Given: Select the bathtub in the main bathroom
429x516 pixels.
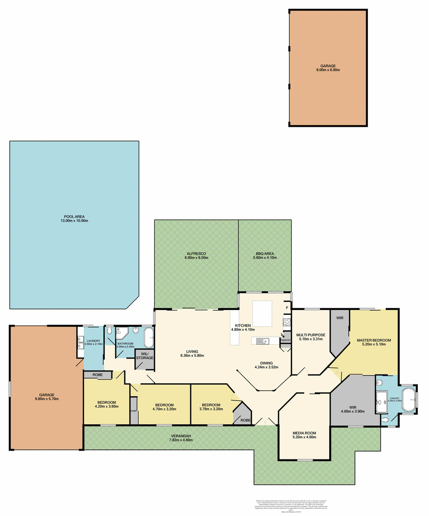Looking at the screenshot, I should click(x=148, y=338).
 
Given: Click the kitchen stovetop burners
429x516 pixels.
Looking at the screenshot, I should click(x=287, y=322).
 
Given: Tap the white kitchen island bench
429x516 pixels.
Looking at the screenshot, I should click(x=262, y=314).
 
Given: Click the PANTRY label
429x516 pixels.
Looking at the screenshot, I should click(x=285, y=340).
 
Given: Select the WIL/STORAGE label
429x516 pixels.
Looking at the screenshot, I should click(x=144, y=356).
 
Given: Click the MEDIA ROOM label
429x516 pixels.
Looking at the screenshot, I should click(x=305, y=433).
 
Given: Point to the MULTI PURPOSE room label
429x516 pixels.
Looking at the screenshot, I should click(x=310, y=335).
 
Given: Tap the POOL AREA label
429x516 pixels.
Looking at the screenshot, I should click(x=74, y=217).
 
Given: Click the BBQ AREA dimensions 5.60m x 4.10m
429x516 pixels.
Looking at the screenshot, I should click(x=265, y=258).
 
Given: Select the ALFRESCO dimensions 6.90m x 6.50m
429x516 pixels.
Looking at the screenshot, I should click(x=196, y=258).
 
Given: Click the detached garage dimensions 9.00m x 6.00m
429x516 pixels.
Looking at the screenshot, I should click(x=328, y=70).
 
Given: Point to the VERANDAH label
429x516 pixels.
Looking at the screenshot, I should click(x=181, y=436).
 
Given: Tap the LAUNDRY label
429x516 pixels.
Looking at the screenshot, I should click(x=93, y=341).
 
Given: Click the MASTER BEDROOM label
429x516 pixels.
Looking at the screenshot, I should click(x=374, y=340).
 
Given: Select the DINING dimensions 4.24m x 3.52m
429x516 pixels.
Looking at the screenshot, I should click(x=266, y=367).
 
